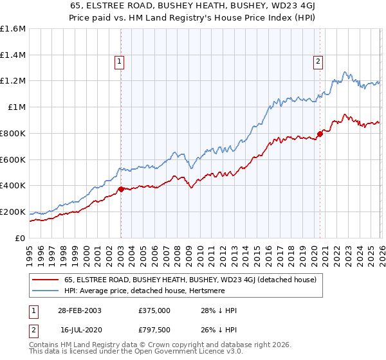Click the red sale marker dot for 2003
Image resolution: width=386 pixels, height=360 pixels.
tap(121, 189)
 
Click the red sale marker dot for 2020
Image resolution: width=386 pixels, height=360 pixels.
tap(319, 134)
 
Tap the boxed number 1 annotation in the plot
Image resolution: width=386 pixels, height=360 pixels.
tap(120, 62)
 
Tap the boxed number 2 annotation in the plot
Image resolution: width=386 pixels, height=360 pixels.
tap(318, 62)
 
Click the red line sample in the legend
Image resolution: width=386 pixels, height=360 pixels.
tap(46, 280)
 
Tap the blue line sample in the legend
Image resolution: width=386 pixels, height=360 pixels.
tap(46, 291)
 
